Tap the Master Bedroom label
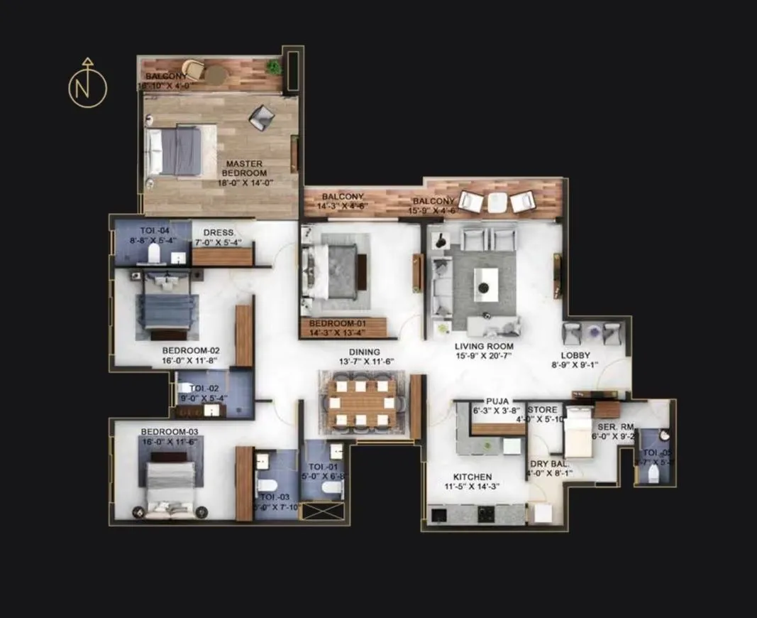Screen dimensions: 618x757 pyautogui.click(x=245, y=168)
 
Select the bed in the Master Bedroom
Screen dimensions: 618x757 pyautogui.click(x=182, y=149)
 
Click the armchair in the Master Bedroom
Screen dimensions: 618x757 pyautogui.click(x=260, y=116)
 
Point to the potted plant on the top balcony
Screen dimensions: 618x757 pyautogui.click(x=273, y=67)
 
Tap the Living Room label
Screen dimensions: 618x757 pyautogui.click(x=485, y=347)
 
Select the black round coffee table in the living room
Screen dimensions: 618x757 pyautogui.click(x=484, y=287)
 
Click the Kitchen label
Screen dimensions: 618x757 pyautogui.click(x=473, y=477)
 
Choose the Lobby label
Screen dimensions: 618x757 pyautogui.click(x=575, y=356)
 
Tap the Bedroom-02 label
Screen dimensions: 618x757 pyautogui.click(x=191, y=350)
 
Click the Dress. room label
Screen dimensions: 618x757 pyautogui.click(x=219, y=233)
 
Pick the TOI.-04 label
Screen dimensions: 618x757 pyautogui.click(x=155, y=231)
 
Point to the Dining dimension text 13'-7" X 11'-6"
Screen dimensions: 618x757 pyautogui.click(x=365, y=362)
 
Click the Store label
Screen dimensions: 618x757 pyautogui.click(x=542, y=410)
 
